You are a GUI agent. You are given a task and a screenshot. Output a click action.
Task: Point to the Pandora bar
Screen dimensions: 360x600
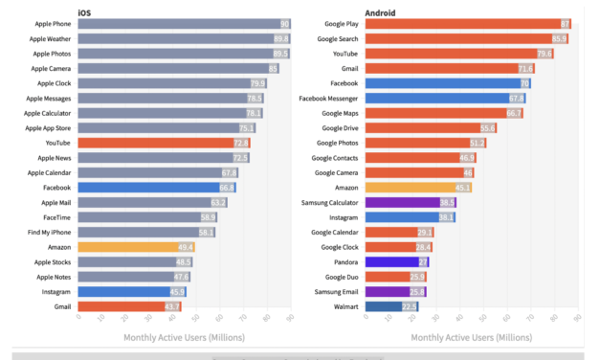click(396, 261)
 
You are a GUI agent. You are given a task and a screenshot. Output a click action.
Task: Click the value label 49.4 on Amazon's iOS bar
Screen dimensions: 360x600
click(187, 247)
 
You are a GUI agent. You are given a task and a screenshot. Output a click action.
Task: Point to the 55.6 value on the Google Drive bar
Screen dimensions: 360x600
click(488, 128)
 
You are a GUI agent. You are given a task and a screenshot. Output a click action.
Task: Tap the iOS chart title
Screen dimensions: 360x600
click(85, 11)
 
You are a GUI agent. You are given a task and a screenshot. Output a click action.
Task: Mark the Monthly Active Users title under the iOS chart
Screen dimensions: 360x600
click(184, 337)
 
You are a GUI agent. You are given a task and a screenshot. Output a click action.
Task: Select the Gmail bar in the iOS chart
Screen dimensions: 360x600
click(129, 306)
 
